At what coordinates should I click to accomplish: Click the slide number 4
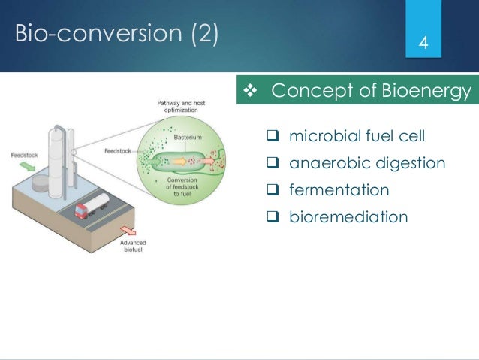click(x=423, y=41)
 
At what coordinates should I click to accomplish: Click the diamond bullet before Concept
click(x=252, y=92)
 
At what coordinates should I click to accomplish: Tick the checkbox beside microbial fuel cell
click(x=273, y=136)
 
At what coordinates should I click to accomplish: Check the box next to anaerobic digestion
click(x=273, y=163)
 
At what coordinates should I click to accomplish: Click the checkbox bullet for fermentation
click(x=273, y=190)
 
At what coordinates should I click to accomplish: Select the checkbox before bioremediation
click(x=273, y=217)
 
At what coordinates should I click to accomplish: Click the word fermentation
click(x=339, y=190)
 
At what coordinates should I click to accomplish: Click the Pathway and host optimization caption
click(x=179, y=105)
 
